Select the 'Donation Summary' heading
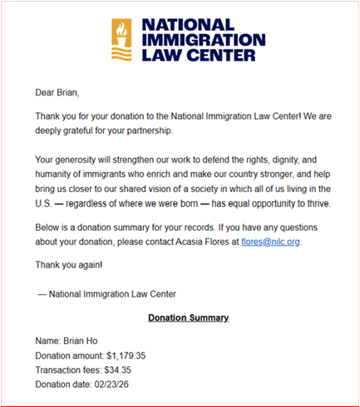tap(188, 317)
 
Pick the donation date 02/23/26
tap(124, 384)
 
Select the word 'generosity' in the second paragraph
tap(85, 159)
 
